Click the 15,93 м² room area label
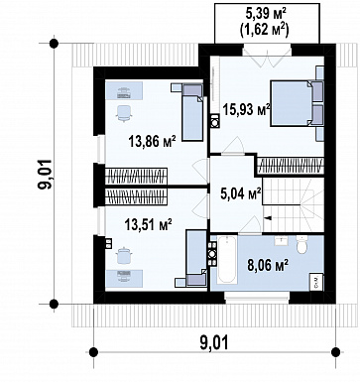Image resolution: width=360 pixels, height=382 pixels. pyautogui.click(x=246, y=109)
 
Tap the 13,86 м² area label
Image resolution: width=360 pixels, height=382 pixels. pyautogui.click(x=152, y=142)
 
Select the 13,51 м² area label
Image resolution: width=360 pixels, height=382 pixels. pyautogui.click(x=148, y=225)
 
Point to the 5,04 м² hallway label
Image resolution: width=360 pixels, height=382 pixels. pyautogui.click(x=241, y=193)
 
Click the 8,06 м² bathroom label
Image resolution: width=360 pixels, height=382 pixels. pyautogui.click(x=268, y=265)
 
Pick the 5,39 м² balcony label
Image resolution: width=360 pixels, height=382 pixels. pyautogui.click(x=266, y=14)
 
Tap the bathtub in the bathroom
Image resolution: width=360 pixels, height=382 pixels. pyautogui.click(x=227, y=259)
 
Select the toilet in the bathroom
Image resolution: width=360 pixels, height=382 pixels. pyautogui.click(x=301, y=244)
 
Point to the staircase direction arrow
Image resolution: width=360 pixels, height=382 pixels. pyautogui.click(x=268, y=218)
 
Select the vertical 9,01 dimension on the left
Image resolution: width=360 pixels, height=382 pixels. pyautogui.click(x=46, y=175)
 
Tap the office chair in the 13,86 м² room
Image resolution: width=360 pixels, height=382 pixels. pyautogui.click(x=124, y=112)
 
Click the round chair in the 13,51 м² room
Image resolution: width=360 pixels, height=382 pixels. pyautogui.click(x=125, y=255)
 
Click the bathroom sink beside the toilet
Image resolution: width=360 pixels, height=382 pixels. pyautogui.click(x=282, y=240)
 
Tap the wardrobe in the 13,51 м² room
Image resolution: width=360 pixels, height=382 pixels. pyautogui.click(x=136, y=197)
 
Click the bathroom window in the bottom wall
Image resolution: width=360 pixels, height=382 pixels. pyautogui.click(x=257, y=298)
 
